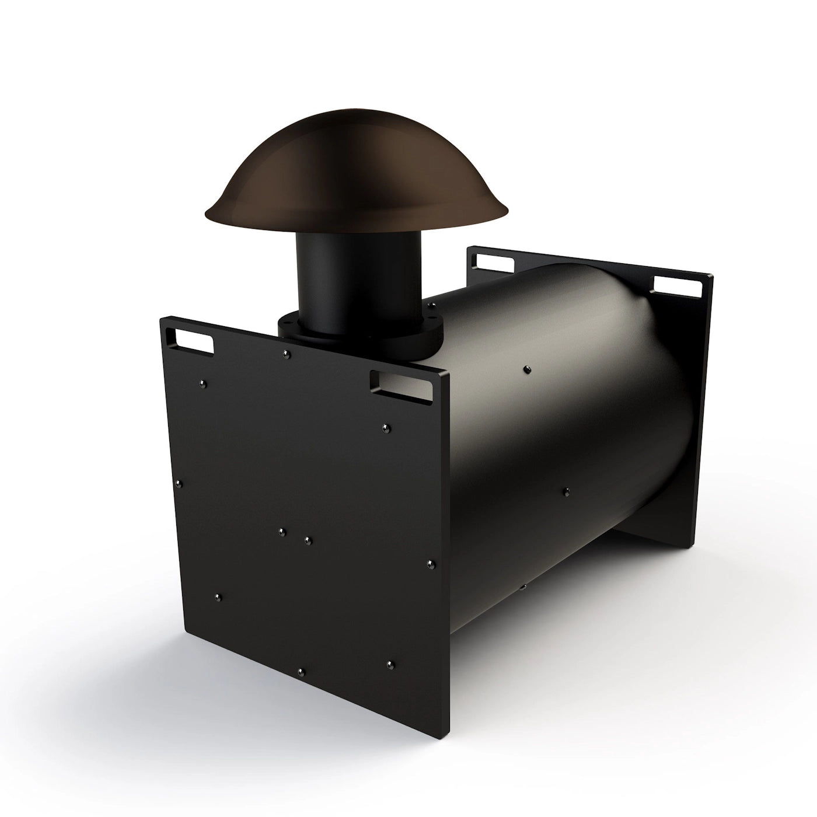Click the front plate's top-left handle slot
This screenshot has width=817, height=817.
click(193, 341)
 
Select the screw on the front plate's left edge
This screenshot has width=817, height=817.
click(180, 483)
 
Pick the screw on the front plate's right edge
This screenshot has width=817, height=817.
click(431, 564)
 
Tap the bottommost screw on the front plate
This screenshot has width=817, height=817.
click(300, 672)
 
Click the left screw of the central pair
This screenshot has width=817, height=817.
click(281, 531)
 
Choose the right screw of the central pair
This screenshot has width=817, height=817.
click(308, 540)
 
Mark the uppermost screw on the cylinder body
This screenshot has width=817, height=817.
click(528, 369)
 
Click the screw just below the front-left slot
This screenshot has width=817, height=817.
click(202, 383)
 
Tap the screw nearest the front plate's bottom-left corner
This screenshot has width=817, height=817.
click(218, 596)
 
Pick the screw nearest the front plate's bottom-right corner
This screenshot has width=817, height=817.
click(391, 664)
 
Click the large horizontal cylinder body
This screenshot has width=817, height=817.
click(560, 420)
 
